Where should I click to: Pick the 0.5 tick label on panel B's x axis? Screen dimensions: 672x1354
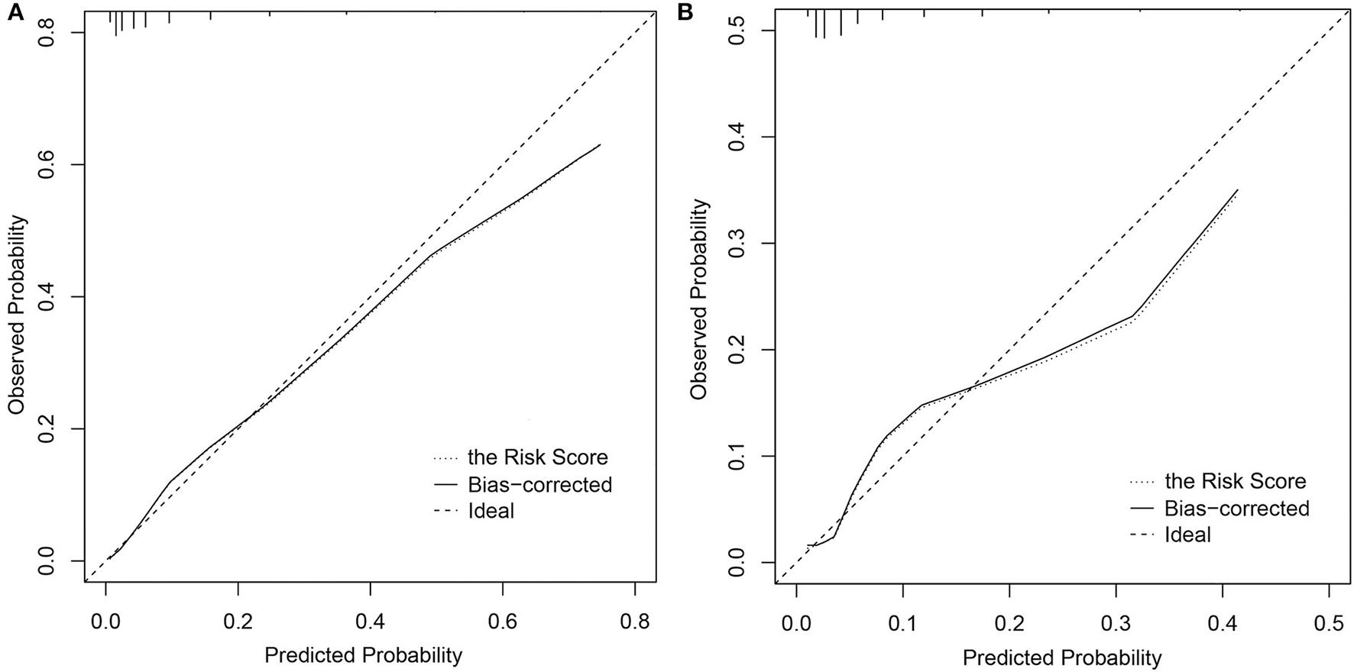point(1329,623)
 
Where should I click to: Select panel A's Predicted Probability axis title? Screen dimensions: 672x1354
point(363,655)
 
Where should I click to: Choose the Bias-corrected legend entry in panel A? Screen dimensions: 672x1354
point(539,484)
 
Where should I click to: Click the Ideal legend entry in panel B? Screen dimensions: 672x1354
point(1187,535)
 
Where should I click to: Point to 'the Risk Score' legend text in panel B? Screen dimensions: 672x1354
point(1235,481)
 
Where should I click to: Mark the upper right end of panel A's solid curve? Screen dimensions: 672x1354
point(600,144)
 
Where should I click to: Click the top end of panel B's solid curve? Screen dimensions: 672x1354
point(1237,189)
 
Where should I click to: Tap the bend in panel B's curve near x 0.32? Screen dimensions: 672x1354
point(1133,315)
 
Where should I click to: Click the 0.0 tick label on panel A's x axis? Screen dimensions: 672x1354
point(105,622)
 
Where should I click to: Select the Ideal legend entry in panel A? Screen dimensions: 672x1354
point(491,511)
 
